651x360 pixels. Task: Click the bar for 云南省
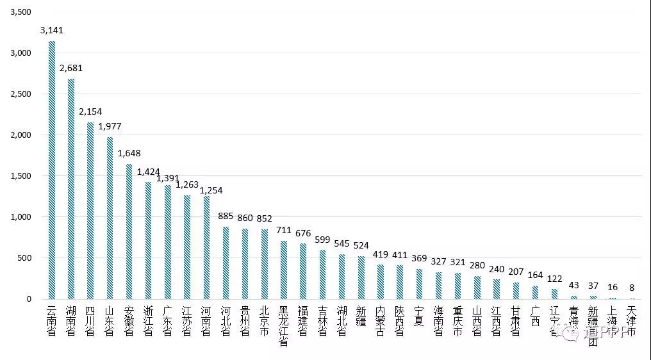(52, 170)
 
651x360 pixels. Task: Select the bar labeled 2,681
(71, 189)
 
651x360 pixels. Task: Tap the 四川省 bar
(90, 211)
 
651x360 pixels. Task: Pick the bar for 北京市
(264, 264)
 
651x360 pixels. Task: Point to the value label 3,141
(52, 30)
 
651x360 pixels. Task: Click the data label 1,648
(129, 153)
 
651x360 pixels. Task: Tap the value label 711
(283, 230)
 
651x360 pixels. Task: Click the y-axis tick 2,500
(21, 94)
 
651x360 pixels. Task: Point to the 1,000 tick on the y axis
(21, 217)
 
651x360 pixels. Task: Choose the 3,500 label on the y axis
(21, 12)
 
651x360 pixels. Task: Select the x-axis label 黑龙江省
(283, 326)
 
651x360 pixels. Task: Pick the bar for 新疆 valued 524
(361, 278)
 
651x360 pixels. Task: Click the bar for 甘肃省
(516, 291)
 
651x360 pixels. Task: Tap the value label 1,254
(211, 190)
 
